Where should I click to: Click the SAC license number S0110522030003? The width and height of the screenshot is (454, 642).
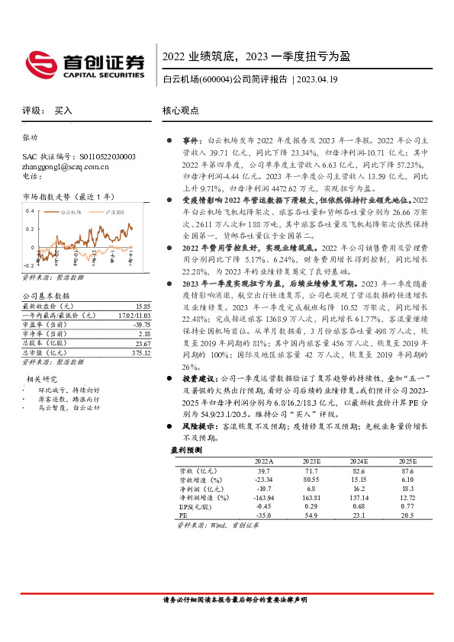[98, 156]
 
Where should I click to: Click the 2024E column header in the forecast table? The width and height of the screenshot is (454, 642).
[359, 461]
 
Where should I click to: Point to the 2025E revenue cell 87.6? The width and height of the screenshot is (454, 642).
[404, 470]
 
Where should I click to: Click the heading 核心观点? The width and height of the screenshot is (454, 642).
[180, 110]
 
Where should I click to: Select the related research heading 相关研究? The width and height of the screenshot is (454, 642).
[43, 378]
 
